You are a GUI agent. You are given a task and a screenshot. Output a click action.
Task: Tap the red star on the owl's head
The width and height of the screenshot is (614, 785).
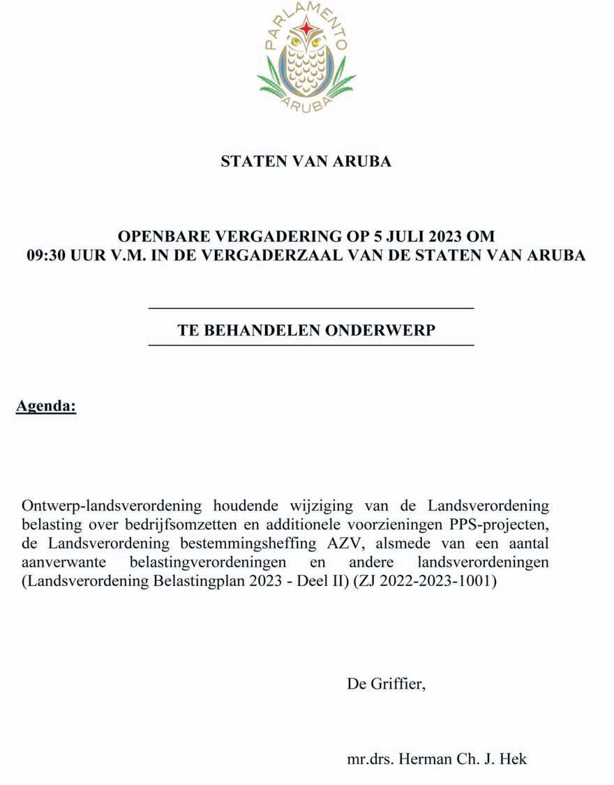(x=306, y=29)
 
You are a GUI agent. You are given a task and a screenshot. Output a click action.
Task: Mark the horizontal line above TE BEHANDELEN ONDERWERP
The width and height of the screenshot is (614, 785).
(x=311, y=308)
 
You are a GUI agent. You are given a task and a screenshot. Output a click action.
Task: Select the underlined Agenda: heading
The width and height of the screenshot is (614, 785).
(x=46, y=406)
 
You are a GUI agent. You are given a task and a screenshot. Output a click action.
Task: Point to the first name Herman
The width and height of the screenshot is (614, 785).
(x=424, y=759)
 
